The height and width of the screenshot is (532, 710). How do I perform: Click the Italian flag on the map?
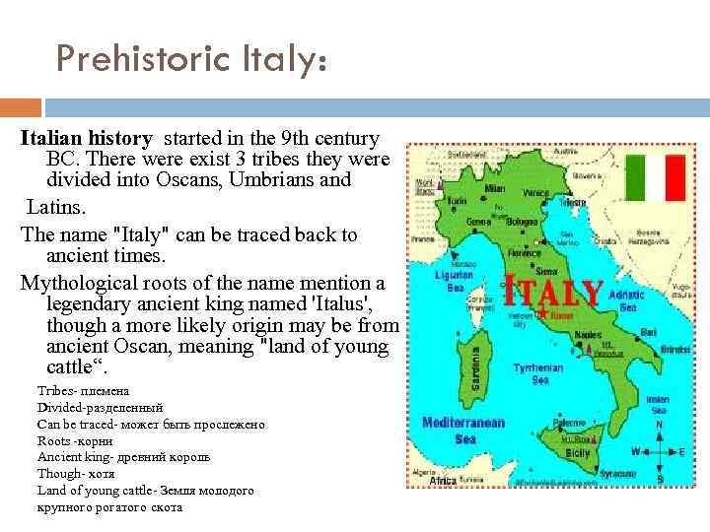point(656,177)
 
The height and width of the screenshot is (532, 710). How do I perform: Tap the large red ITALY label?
point(552,293)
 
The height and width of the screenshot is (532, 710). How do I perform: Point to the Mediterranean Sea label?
point(463,430)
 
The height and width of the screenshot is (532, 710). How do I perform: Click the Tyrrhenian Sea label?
point(538,374)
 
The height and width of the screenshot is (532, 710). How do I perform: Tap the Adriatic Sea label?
point(627,300)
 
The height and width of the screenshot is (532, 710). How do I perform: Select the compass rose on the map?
point(659,451)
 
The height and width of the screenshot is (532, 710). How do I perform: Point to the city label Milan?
point(495,187)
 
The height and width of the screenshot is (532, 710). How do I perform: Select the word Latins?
point(56,209)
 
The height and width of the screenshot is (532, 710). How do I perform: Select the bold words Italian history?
point(87,139)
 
